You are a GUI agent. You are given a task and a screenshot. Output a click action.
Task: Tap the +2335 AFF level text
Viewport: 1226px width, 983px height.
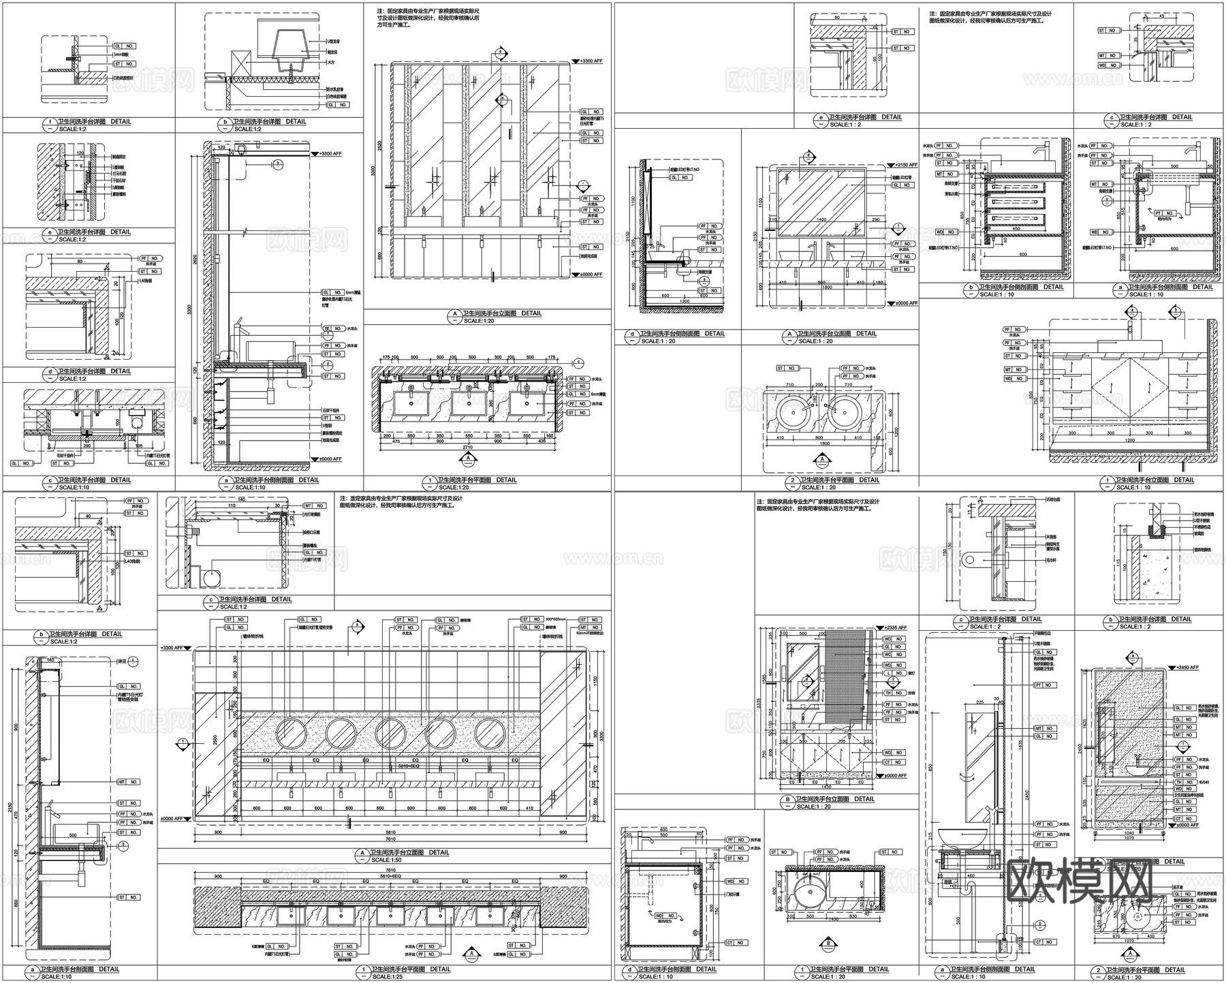point(896,627)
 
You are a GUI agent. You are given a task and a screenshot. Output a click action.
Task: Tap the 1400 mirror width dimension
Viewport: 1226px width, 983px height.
point(821,219)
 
